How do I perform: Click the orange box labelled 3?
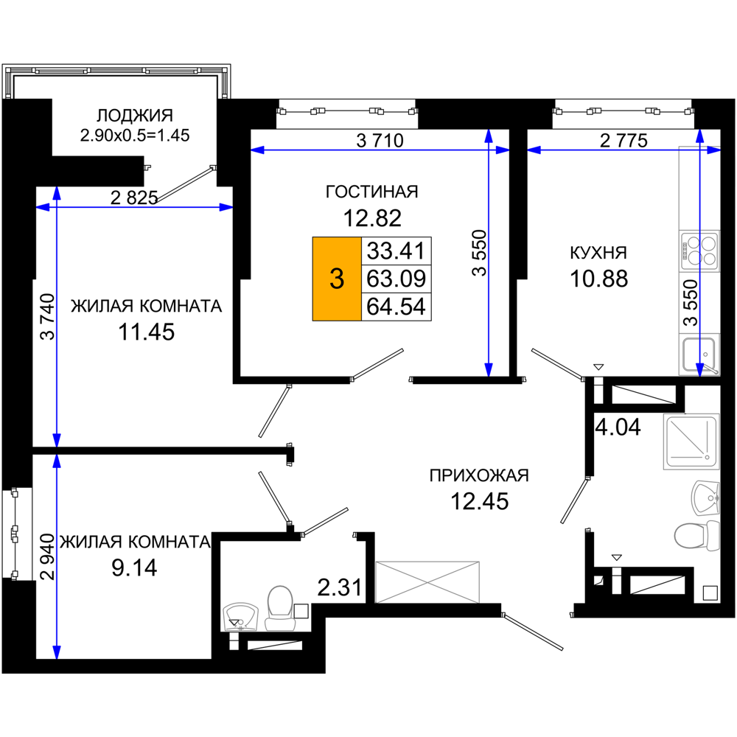tap(337, 279)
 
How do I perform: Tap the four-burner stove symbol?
tap(699, 251)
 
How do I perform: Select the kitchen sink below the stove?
tap(699, 354)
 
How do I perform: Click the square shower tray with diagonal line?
tap(690, 441)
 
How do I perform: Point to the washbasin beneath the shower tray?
tap(705, 497)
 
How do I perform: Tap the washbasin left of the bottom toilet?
tap(241, 616)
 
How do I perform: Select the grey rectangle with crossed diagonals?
tap(427, 581)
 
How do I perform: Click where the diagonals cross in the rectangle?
tap(427, 581)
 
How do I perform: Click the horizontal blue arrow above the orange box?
tap(380, 150)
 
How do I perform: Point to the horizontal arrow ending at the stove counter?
tap(623, 150)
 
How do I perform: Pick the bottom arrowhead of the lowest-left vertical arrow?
tap(57, 652)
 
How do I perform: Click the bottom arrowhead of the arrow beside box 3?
tap(488, 370)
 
